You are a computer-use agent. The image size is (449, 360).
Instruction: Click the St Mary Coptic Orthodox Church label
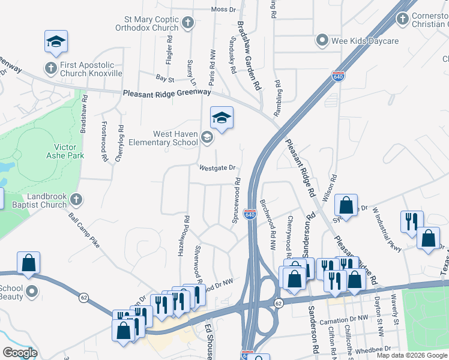click(x=148, y=23)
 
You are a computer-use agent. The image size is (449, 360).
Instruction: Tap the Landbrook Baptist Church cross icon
click(x=76, y=199)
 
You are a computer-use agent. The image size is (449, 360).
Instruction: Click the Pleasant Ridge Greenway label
click(x=167, y=93)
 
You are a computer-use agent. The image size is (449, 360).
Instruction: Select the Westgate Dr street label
click(x=217, y=168)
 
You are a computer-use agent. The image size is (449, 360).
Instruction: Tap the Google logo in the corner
click(x=20, y=353)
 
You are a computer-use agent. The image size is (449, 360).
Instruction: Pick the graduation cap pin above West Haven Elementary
click(x=221, y=118)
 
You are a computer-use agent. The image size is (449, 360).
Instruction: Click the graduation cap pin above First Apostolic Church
click(x=56, y=41)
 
